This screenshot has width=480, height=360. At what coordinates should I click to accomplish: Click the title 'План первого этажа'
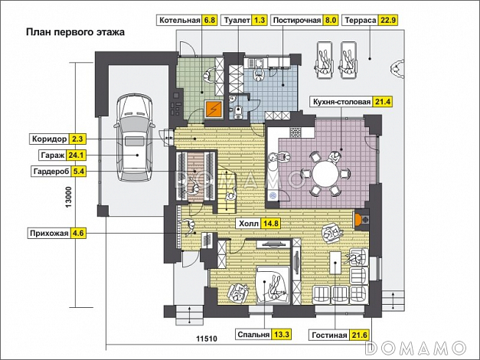coord(75,32)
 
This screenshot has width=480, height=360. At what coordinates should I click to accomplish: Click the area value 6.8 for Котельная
coord(210,21)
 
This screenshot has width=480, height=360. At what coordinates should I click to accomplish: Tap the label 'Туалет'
coord(237,21)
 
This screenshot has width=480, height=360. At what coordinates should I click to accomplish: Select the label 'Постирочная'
coord(296,21)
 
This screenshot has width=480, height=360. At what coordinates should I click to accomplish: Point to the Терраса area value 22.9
coord(388,21)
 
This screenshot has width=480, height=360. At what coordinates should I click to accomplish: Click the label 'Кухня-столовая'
coord(341,102)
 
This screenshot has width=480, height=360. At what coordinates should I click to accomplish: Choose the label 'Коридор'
coord(50,139)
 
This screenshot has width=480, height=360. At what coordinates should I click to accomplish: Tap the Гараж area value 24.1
coord(76,155)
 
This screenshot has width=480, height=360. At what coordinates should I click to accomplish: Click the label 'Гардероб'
coord(51,172)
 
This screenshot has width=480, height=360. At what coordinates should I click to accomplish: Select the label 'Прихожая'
coord(49,234)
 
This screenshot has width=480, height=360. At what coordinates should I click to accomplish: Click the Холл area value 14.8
coord(271,224)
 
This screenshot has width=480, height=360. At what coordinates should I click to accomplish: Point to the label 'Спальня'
coord(253,335)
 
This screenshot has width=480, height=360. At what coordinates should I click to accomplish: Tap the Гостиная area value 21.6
coord(360,335)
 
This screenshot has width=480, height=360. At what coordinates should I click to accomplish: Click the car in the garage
coord(135,138)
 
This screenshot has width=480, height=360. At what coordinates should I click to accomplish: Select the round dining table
coord(326,174)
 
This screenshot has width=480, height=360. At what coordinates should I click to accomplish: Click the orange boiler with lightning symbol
coord(214,109)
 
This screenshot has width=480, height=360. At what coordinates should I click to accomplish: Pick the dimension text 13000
coord(68,198)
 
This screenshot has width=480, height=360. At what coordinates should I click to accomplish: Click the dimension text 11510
coord(207,339)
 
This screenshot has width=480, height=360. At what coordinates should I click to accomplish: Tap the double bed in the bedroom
coord(273,285)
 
